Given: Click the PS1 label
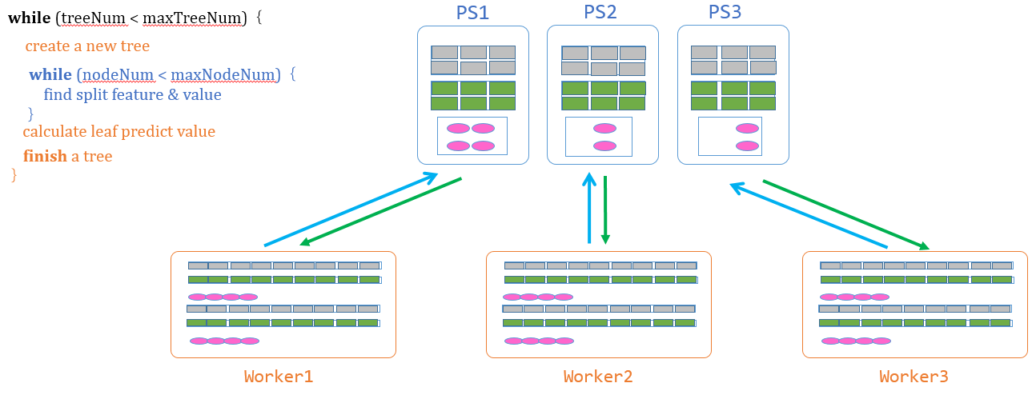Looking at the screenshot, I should pos(472,13).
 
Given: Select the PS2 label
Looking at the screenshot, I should pos(602,13).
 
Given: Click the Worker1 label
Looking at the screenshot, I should pos(279,377).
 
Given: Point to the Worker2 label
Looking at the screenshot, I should pos(597,377).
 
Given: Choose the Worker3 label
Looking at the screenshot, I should pos(914,377).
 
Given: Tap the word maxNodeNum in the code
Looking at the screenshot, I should pos(224,74).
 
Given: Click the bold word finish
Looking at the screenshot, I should pos(45,156).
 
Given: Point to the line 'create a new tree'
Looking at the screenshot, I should pos(87,46).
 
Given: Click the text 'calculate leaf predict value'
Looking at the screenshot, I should pos(118,131).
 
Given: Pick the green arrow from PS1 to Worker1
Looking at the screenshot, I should pos(380,211).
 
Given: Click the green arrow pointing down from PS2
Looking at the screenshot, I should pos(605,209).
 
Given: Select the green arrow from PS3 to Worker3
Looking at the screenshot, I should pos(845,214).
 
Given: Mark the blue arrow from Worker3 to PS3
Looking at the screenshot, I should pos(809,216).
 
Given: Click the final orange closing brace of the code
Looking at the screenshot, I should pos(14,174).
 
